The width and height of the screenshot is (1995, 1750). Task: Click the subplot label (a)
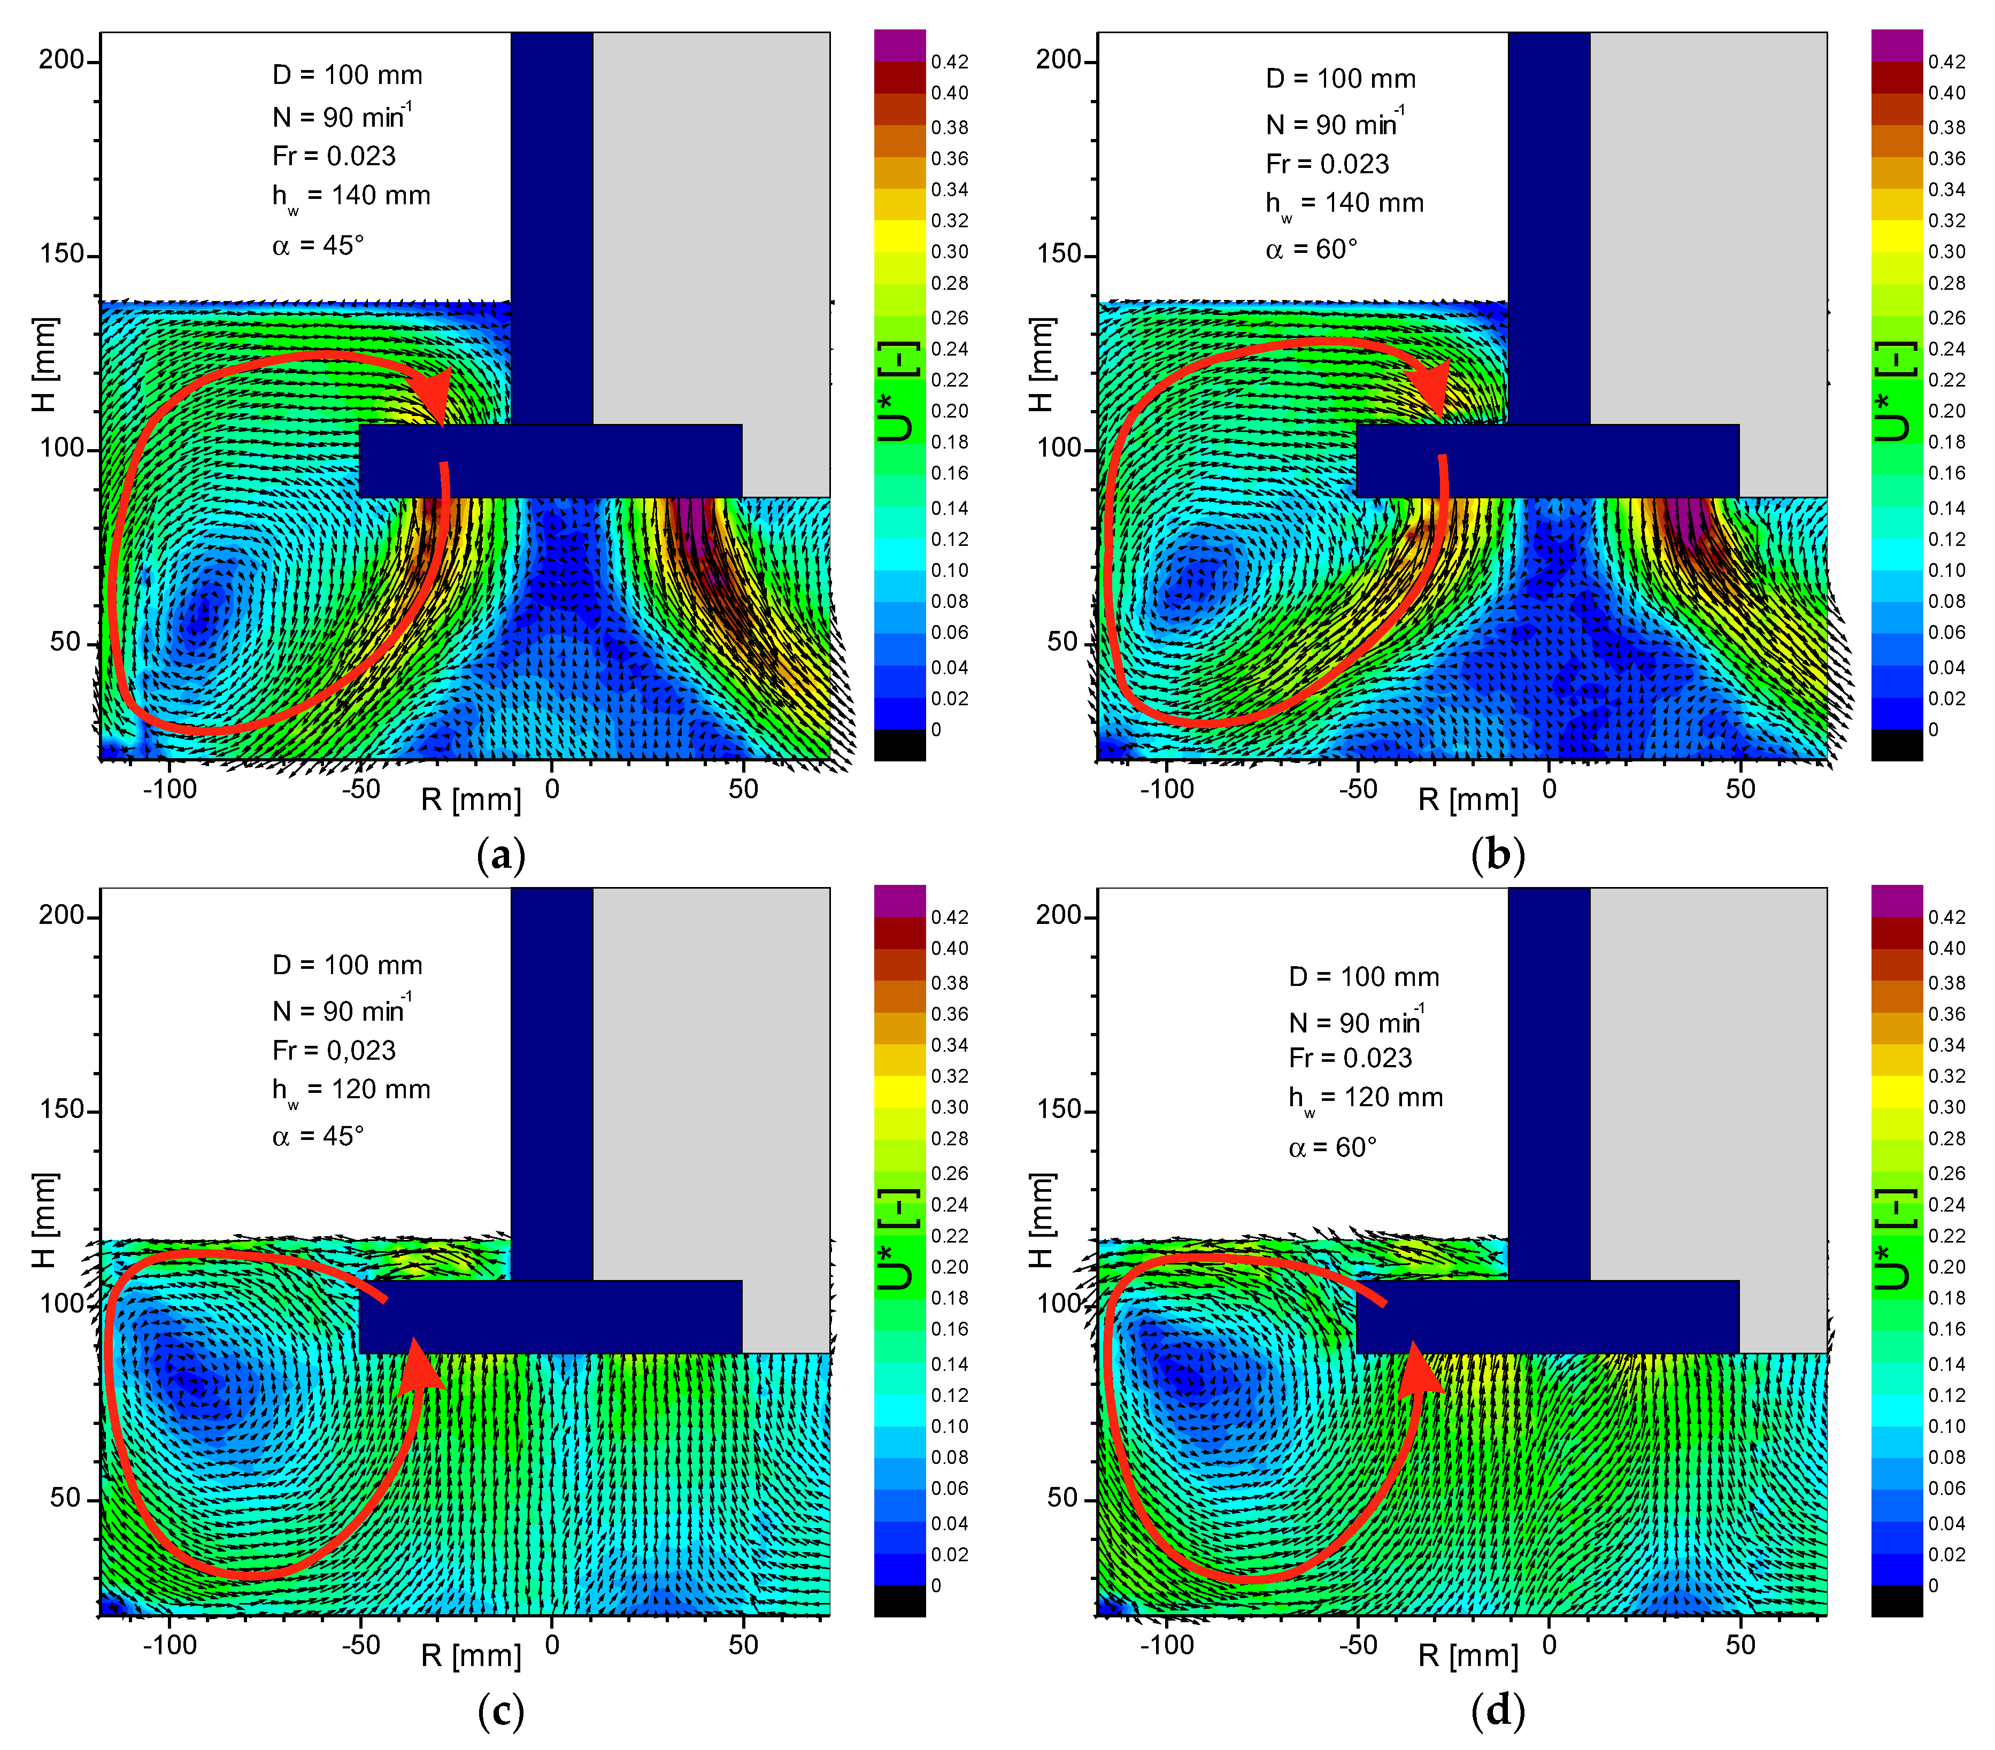click(x=500, y=856)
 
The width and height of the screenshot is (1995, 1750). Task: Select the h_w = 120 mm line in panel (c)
click(x=350, y=1090)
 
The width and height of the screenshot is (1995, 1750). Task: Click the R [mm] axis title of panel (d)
click(x=1468, y=1656)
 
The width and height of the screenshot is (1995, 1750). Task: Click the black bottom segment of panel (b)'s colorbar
click(x=1897, y=745)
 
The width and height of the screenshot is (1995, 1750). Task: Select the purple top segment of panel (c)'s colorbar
click(x=899, y=900)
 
